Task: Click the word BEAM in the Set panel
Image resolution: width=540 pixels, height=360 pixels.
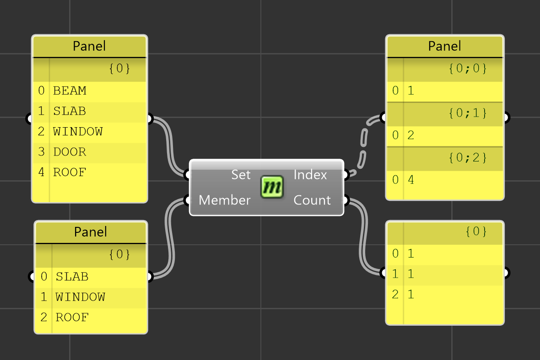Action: (x=70, y=91)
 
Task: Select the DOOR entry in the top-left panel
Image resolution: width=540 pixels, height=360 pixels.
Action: (x=70, y=152)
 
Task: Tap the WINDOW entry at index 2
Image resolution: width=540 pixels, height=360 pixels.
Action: (x=78, y=132)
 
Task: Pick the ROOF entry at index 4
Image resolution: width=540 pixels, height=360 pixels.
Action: (x=70, y=172)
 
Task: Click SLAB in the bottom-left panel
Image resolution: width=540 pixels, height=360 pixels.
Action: (x=72, y=277)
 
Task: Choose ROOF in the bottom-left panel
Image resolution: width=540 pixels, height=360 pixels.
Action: (x=72, y=317)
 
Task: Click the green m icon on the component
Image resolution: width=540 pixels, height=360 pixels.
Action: (x=272, y=187)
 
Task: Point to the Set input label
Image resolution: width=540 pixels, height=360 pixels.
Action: (x=241, y=175)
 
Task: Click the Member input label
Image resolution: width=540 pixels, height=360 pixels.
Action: (x=225, y=200)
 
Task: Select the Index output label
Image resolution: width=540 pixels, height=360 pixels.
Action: (x=310, y=175)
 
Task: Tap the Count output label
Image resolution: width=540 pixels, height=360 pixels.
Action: (x=312, y=200)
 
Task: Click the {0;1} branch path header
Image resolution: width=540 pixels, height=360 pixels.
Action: (x=467, y=113)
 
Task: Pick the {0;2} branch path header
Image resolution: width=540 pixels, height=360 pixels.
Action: (x=467, y=158)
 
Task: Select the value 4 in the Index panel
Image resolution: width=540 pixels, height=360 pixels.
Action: (x=410, y=180)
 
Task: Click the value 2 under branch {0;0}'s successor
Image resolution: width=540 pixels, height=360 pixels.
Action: (x=410, y=135)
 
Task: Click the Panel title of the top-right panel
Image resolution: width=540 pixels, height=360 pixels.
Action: (x=444, y=46)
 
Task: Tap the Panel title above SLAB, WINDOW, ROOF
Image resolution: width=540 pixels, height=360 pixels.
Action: (x=91, y=232)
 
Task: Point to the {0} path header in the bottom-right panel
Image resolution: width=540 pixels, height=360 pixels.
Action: (x=476, y=231)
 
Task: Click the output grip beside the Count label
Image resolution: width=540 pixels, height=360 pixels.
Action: (x=346, y=200)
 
